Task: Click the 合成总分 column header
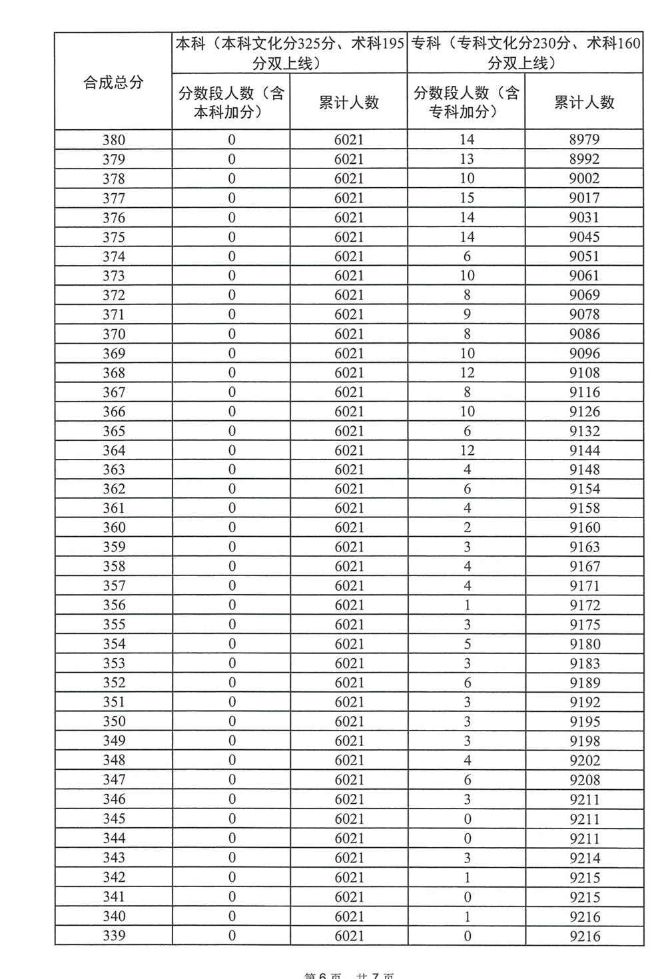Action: click(113, 83)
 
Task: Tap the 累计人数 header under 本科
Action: click(349, 103)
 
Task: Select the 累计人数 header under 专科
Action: click(584, 103)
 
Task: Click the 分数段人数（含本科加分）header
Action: click(231, 103)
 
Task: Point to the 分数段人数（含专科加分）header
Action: click(466, 103)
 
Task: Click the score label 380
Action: click(114, 140)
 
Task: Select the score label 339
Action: click(114, 936)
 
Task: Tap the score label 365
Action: click(114, 431)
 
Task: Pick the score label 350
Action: click(114, 721)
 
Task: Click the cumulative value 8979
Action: click(584, 140)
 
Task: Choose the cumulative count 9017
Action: click(584, 198)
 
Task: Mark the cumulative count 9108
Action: click(584, 372)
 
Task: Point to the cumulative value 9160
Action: click(584, 527)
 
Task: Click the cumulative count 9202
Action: click(584, 761)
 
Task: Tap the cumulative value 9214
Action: click(584, 858)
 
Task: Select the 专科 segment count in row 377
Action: click(467, 198)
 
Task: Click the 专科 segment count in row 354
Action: click(467, 644)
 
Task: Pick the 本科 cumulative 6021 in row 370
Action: click(349, 334)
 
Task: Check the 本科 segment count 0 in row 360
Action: click(232, 527)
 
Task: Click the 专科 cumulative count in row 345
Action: click(584, 819)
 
